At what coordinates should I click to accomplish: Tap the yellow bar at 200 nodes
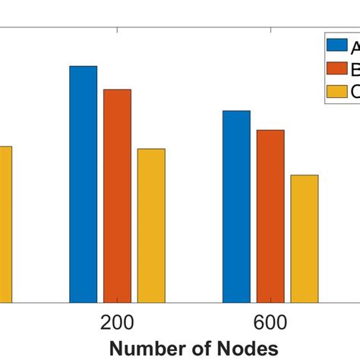[151, 226]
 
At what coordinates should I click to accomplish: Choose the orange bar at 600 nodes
[270, 216]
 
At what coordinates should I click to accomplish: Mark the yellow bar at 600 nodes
[305, 238]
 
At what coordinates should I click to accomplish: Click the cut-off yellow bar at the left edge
[5, 224]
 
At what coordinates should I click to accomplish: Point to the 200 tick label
[117, 322]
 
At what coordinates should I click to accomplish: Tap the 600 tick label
[270, 322]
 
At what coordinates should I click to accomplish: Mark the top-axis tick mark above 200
[117, 31]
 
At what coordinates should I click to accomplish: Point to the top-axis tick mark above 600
[270, 31]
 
